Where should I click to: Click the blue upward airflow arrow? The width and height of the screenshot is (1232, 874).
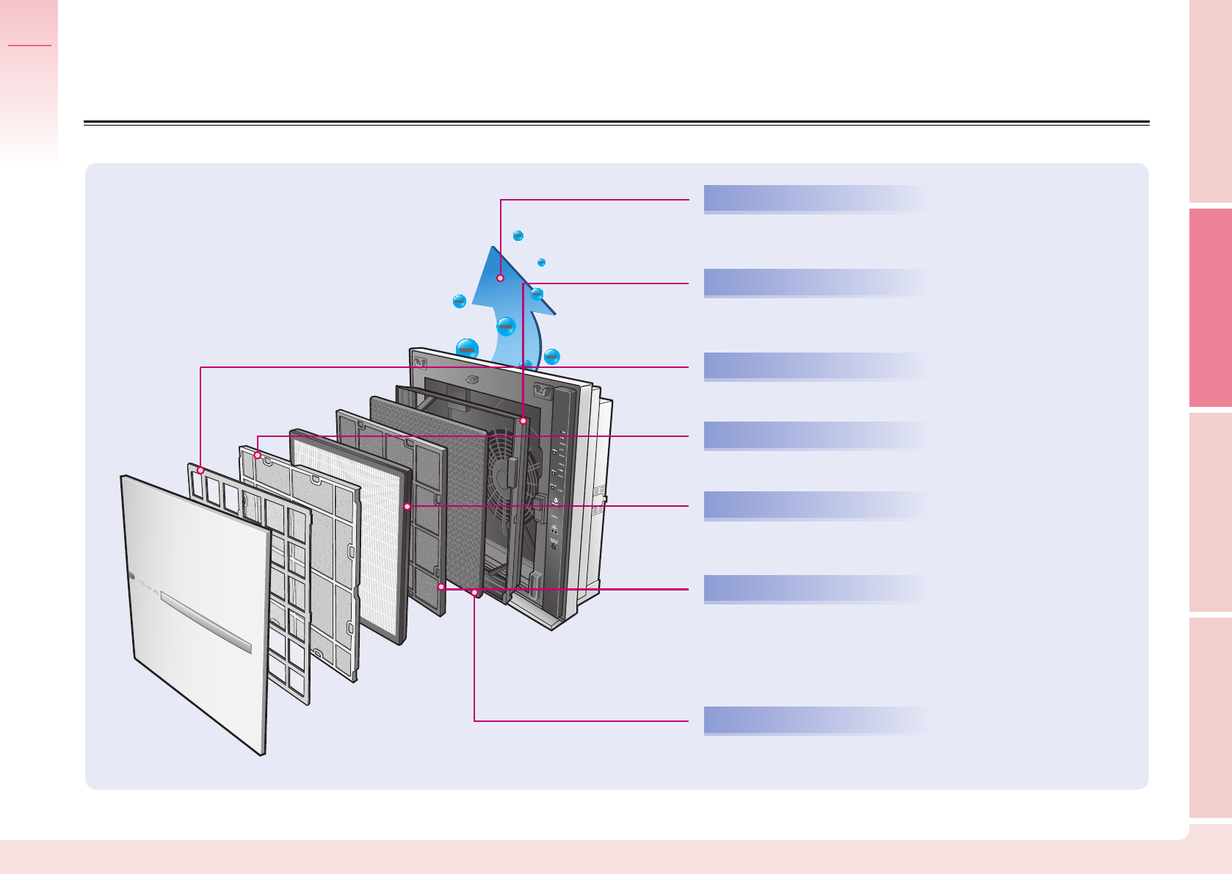pyautogui.click(x=507, y=308)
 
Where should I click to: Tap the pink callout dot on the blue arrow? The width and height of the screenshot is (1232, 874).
pyautogui.click(x=500, y=278)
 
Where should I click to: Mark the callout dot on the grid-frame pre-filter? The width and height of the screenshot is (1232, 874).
pyautogui.click(x=200, y=470)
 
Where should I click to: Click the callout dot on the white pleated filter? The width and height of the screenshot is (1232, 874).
pyautogui.click(x=407, y=507)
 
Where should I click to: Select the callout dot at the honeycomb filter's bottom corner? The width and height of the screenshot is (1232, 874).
pyautogui.click(x=475, y=592)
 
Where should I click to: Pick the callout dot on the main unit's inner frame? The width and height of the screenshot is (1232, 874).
pyautogui.click(x=523, y=421)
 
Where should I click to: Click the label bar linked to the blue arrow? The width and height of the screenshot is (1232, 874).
pyautogui.click(x=815, y=199)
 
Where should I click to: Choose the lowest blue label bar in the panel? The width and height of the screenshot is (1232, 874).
pyautogui.click(x=815, y=720)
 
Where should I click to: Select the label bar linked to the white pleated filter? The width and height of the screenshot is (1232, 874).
pyautogui.click(x=815, y=505)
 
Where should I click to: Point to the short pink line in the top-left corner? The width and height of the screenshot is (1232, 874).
pyautogui.click(x=30, y=46)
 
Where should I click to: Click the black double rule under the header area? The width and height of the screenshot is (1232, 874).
pyautogui.click(x=617, y=123)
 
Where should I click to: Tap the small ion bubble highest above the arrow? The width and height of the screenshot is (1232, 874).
pyautogui.click(x=518, y=236)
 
